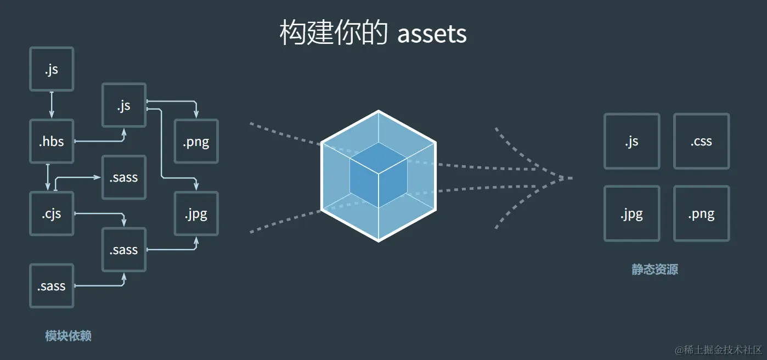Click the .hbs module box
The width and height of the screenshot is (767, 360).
click(52, 142)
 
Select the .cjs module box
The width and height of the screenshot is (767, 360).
click(52, 214)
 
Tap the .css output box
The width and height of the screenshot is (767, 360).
click(701, 142)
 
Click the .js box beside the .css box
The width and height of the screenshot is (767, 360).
click(631, 142)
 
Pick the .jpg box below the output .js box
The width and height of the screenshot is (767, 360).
click(631, 214)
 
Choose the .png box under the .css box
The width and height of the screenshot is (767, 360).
click(701, 214)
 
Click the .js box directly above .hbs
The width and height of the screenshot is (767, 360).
click(52, 69)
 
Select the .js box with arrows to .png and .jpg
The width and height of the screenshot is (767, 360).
click(124, 105)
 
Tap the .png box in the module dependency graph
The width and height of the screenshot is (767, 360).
click(196, 142)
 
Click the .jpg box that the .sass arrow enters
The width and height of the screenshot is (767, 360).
click(196, 214)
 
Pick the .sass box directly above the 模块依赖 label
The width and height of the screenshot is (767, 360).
click(52, 286)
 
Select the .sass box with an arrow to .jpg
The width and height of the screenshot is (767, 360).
click(124, 250)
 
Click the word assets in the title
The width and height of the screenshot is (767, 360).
click(432, 34)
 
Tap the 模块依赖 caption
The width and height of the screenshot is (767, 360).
click(68, 336)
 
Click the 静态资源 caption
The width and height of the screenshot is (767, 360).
click(655, 269)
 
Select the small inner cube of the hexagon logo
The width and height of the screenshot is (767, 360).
click(379, 175)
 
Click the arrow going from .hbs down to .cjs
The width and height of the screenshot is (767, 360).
click(48, 177)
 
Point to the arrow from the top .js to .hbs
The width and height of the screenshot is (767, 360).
click(52, 105)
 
